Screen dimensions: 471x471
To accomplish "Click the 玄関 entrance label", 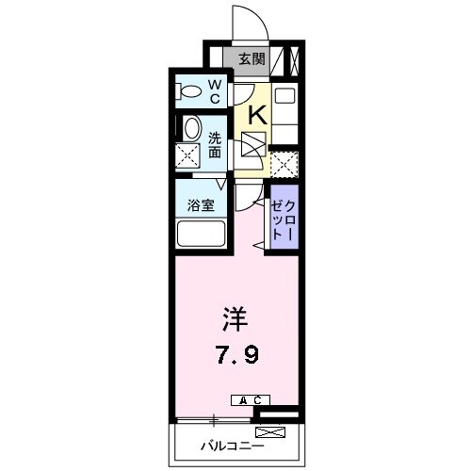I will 252,59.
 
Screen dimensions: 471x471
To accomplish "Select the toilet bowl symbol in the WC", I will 189,92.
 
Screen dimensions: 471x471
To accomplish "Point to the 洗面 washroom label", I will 215,142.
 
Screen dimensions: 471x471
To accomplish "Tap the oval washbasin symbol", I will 191,128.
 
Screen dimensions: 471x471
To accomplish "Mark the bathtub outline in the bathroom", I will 201,235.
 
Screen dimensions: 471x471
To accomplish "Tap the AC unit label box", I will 250,399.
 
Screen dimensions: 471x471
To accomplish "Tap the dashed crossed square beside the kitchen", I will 284,162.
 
